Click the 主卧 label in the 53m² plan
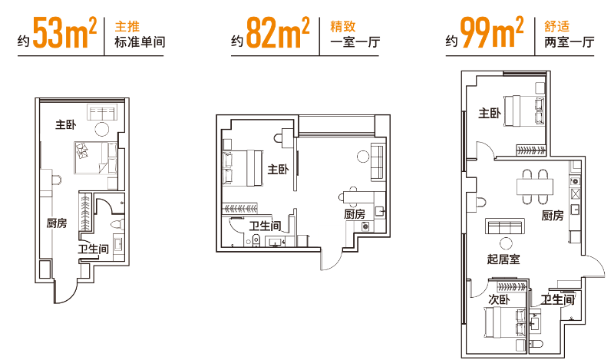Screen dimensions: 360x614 tap(65, 124)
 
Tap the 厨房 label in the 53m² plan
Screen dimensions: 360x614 tap(57, 223)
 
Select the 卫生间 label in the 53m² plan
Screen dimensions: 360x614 tap(93, 249)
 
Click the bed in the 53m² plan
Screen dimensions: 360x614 tap(87, 157)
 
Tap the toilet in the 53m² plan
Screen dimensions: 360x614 tap(117, 224)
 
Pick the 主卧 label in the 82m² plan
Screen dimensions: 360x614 tap(277, 169)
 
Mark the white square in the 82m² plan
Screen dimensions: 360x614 tap(330, 237)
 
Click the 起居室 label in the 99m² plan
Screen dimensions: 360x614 tap(503, 259)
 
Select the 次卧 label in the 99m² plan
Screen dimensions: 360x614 tap(499, 299)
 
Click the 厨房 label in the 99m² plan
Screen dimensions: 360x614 tap(553, 216)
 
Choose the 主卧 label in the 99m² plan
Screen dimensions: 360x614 tap(489, 114)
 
